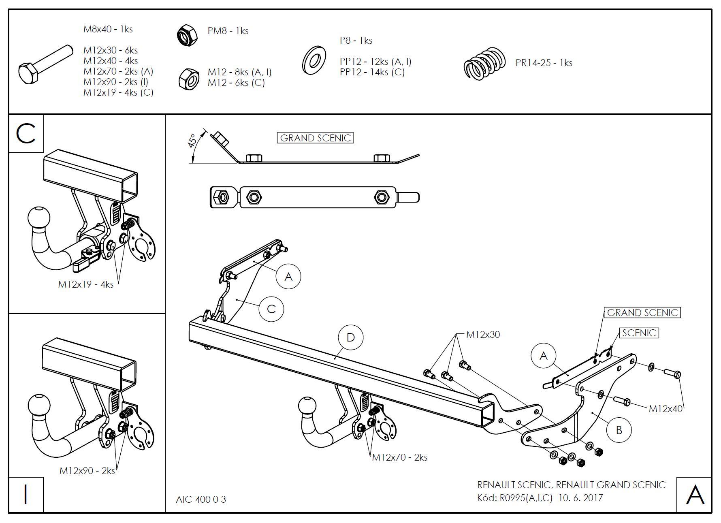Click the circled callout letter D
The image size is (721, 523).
pos(351,337)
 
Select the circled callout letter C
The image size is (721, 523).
pos(271,309)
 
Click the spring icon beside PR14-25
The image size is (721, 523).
pos(484,63)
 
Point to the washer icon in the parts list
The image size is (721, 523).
pos(314,61)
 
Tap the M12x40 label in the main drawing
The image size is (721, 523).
pos(666,408)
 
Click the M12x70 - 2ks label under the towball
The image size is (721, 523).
pos(400,457)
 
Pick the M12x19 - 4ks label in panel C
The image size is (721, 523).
pos(86,284)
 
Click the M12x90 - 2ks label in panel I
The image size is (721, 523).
pos(87,471)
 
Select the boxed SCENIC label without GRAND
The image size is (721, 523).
pos(639,333)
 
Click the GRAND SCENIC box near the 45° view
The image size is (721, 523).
pos(315,138)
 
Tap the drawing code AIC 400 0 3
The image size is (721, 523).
pos(201,500)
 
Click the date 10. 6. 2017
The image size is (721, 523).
pos(580,497)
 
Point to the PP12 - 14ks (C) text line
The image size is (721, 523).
pos(372,73)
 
